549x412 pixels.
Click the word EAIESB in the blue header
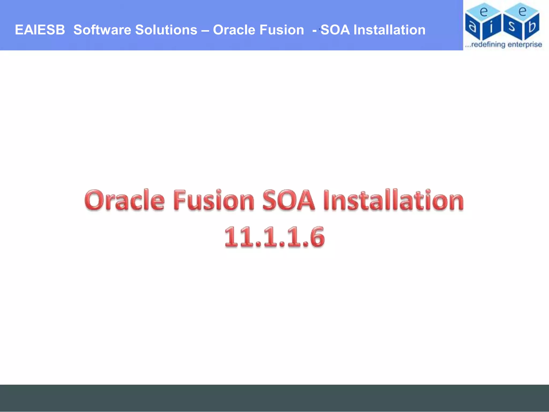(x=40, y=30)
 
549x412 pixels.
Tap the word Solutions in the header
(x=166, y=30)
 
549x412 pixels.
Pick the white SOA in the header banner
(x=335, y=30)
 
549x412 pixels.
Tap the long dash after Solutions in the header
(x=205, y=30)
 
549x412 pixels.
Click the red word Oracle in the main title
(x=124, y=200)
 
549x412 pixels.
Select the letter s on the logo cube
(x=511, y=27)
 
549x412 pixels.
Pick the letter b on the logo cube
(x=532, y=26)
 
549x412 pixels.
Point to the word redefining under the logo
(x=488, y=45)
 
